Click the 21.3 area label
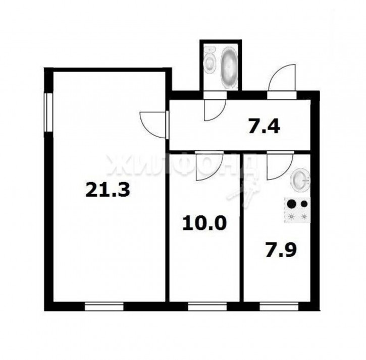tap(108, 190)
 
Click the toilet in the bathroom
tap(211, 62)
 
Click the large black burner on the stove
tap(291, 205)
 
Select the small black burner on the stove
tap(304, 205)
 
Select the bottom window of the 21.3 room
tap(104, 306)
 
